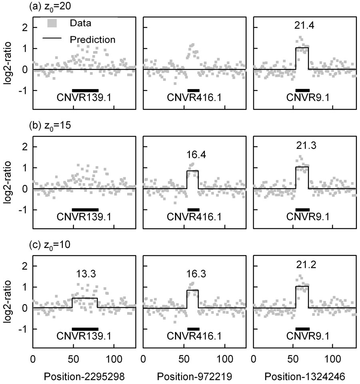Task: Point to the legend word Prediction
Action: click(x=92, y=40)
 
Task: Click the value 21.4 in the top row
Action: click(x=303, y=27)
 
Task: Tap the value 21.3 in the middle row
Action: click(x=303, y=144)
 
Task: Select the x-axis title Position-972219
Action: click(x=194, y=376)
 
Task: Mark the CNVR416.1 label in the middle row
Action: click(x=195, y=217)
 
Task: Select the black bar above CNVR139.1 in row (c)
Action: click(x=85, y=329)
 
